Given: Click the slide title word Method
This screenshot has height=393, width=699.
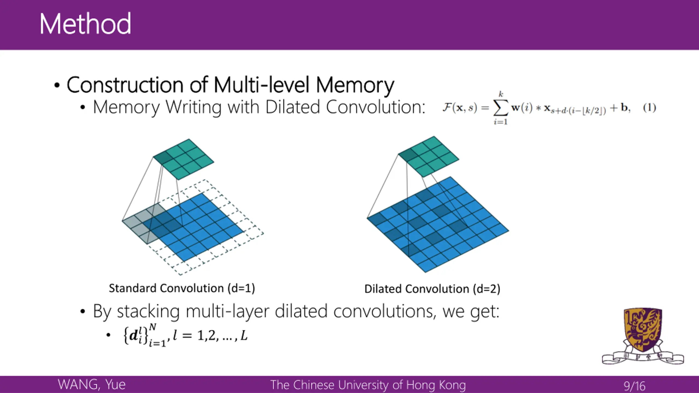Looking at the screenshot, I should click(85, 24).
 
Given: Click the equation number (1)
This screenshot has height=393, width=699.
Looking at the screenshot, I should click(650, 108).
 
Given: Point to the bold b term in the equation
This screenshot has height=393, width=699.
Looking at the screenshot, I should click(624, 108).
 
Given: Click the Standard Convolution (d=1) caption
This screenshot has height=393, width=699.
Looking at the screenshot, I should click(182, 288).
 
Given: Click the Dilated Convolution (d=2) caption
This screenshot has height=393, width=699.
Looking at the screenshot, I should click(432, 289).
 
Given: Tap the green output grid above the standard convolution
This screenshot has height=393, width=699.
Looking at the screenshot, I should click(183, 159).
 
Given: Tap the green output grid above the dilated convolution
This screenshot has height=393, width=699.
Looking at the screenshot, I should click(429, 156).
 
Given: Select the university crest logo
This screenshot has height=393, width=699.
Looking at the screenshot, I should click(643, 336).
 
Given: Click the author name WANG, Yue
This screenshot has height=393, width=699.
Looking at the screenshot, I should click(92, 385).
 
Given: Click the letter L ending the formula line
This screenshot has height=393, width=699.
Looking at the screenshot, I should click(244, 335).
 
